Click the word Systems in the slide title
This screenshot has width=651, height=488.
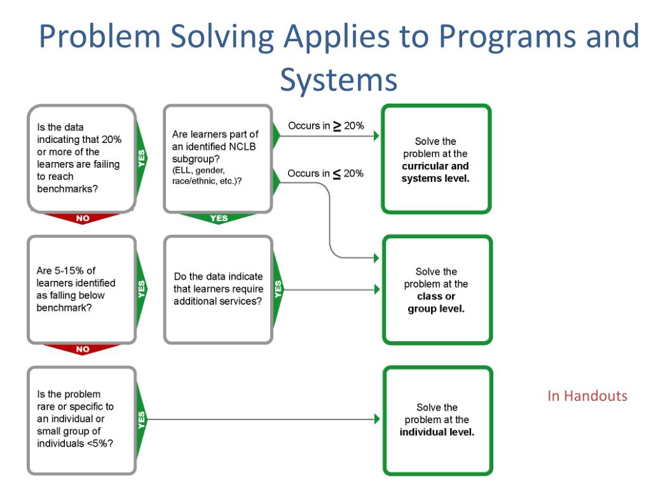(338, 80)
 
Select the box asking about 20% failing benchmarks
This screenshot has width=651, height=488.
(81, 158)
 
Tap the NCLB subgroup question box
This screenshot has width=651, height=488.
(217, 158)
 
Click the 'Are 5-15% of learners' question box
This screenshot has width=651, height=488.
(81, 289)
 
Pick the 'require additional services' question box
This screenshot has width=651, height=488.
(217, 289)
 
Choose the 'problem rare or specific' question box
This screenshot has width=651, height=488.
(81, 419)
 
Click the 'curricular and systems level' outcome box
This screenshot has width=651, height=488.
(435, 159)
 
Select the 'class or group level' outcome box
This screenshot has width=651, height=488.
(436, 290)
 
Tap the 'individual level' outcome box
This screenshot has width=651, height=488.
(437, 420)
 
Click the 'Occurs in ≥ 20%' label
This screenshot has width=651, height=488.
(325, 126)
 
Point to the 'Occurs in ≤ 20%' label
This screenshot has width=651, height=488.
(325, 173)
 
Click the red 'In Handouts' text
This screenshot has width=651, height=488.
(587, 396)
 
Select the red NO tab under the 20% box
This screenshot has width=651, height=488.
(83, 219)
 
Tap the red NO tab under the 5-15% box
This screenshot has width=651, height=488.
(83, 349)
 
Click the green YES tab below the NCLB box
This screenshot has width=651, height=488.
(218, 219)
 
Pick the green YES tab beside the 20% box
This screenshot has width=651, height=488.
(141, 158)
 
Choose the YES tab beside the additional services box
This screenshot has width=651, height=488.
(278, 289)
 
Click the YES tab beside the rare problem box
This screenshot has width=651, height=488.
(141, 419)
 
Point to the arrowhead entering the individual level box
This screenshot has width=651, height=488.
(377, 419)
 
